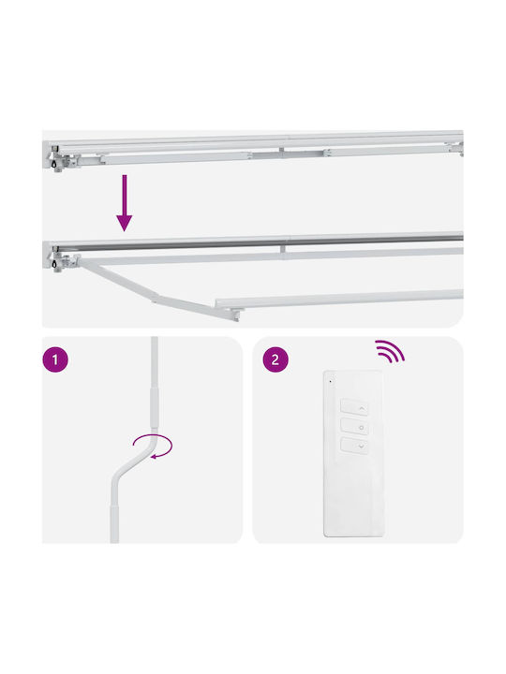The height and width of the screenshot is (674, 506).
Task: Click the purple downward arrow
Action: click(125, 203)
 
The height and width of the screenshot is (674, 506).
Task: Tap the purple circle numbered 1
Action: click(55, 359)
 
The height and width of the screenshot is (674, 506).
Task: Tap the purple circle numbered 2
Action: click(275, 359)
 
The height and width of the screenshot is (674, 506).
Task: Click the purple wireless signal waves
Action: click(390, 351)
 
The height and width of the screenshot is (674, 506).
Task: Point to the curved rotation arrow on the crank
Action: click(153, 447)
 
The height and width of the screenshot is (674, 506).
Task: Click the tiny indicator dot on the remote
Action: click(331, 381)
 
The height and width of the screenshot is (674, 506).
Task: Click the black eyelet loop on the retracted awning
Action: click(54, 164)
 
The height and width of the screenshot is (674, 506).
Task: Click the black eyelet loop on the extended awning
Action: click(54, 264)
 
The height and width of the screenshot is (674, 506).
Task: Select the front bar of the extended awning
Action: click(339, 300)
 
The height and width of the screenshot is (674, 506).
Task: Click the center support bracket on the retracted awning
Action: click(282, 153)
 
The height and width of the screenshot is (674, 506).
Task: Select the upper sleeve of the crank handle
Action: click(154, 407)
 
